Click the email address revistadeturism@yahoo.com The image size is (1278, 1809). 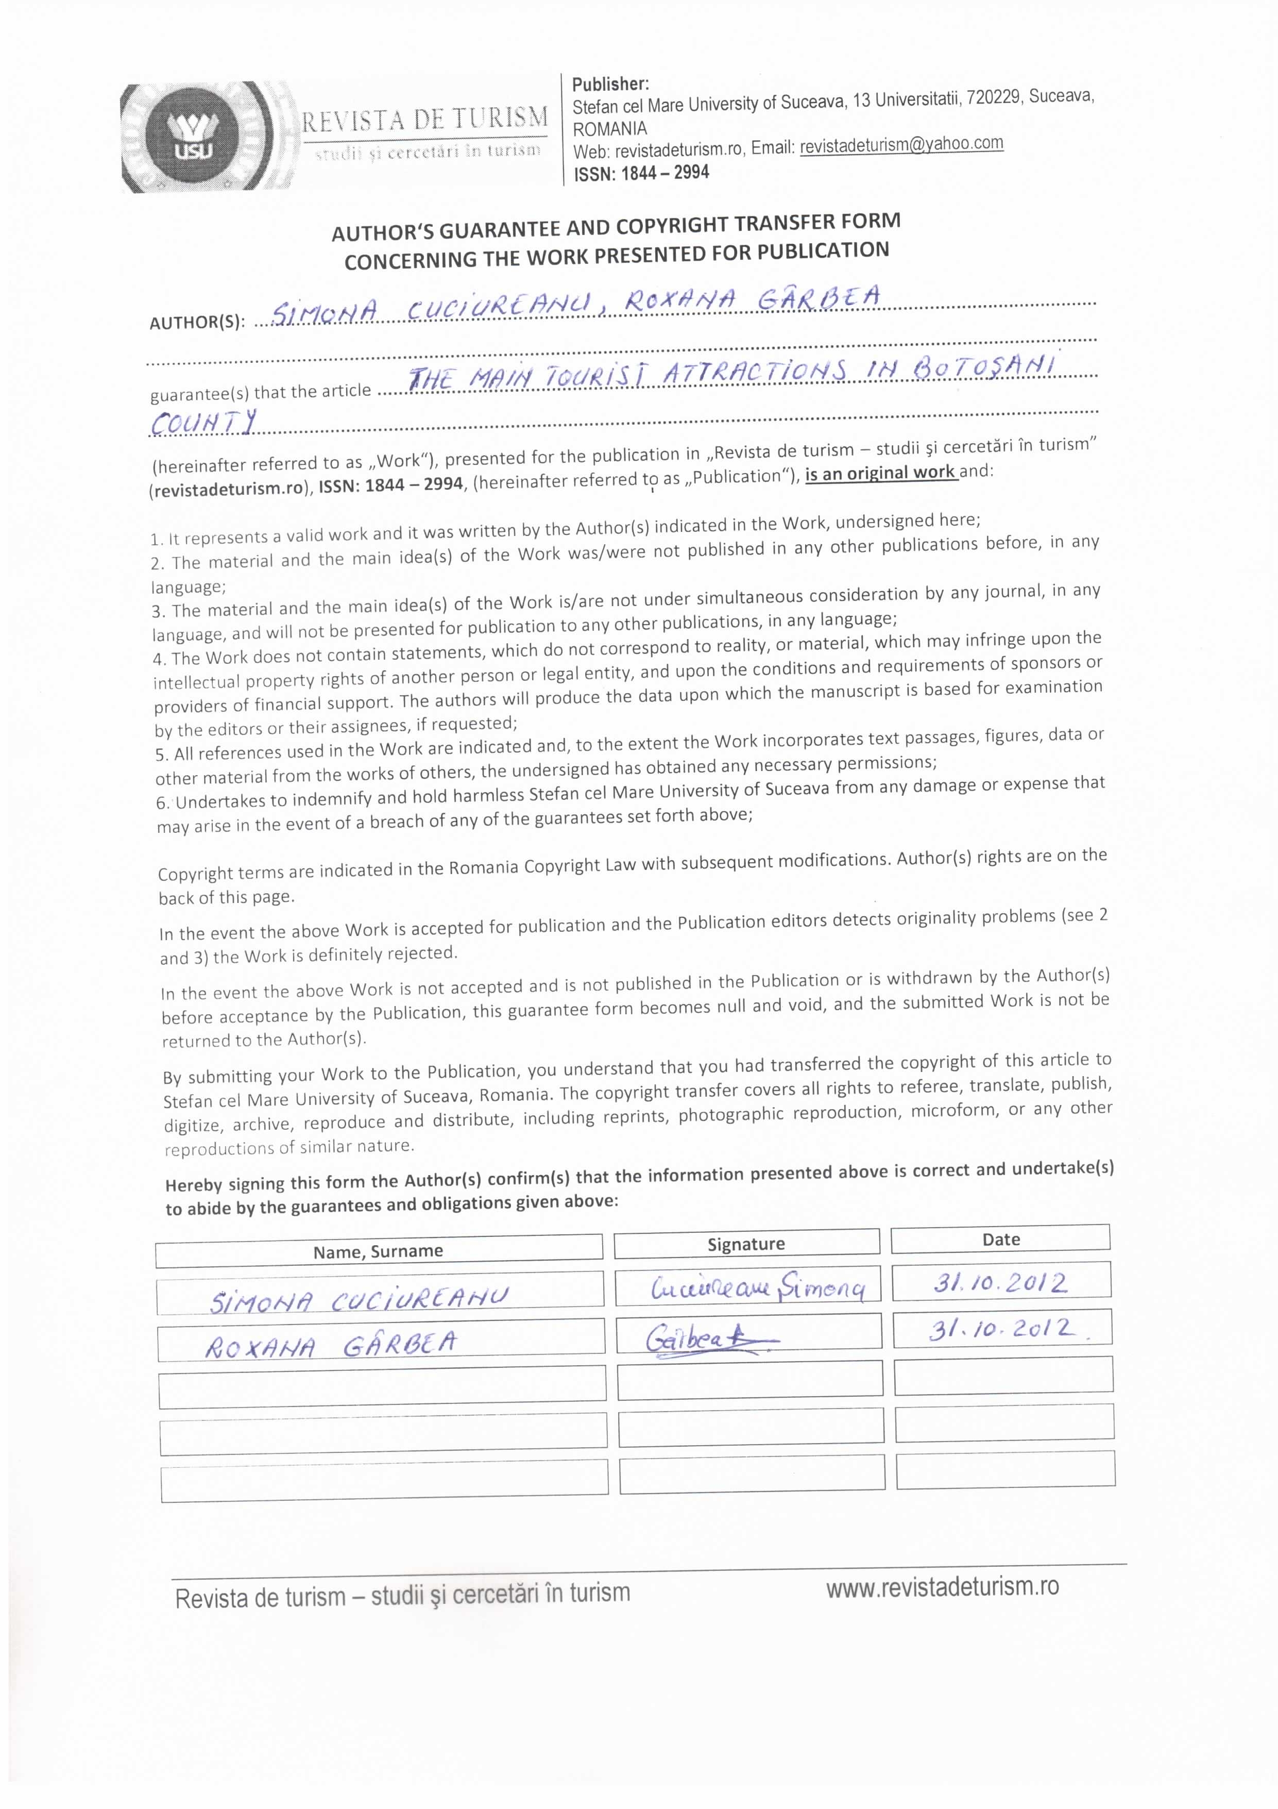pos(901,145)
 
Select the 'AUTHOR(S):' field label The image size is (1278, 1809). pos(197,322)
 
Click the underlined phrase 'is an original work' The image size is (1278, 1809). pos(880,474)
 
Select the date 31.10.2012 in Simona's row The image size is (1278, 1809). pos(1000,1283)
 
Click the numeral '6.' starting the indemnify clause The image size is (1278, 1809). pos(163,803)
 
